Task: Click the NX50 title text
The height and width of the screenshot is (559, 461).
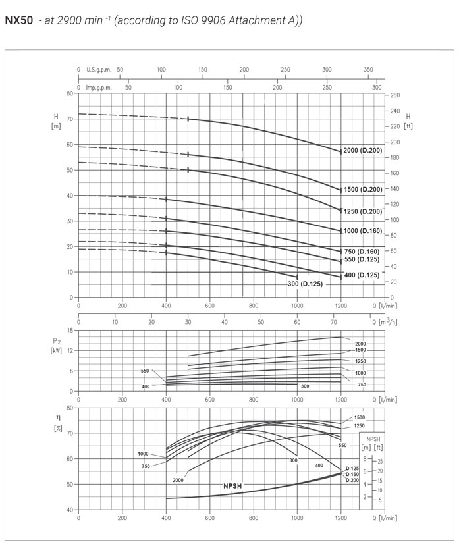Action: [18, 20]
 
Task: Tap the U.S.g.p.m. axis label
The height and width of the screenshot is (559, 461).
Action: [99, 69]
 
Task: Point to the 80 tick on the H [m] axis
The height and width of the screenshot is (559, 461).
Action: [69, 93]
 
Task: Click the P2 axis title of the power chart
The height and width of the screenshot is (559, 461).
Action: [56, 340]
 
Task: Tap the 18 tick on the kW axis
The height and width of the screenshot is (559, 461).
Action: [69, 330]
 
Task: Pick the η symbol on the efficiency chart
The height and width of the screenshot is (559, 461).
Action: [56, 418]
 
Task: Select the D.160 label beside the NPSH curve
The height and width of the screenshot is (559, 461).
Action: [353, 474]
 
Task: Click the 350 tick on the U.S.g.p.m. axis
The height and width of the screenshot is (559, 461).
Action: [368, 69]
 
